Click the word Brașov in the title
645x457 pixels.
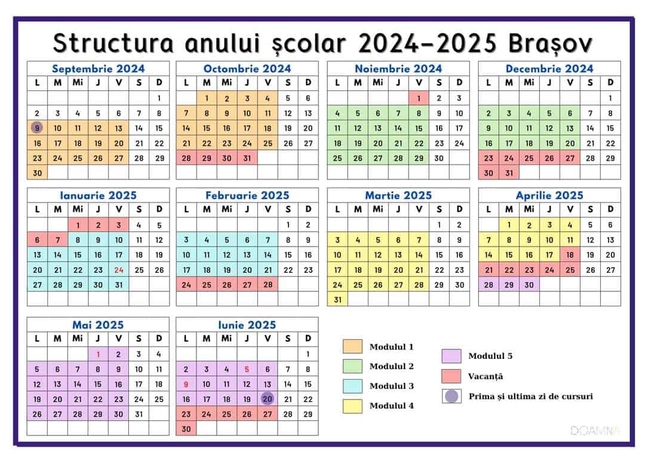pyautogui.click(x=551, y=43)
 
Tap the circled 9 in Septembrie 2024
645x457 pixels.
pyautogui.click(x=37, y=128)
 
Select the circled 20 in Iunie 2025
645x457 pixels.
pyautogui.click(x=268, y=399)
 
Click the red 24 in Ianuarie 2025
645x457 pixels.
pyautogui.click(x=118, y=270)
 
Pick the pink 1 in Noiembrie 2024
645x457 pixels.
pyautogui.click(x=419, y=98)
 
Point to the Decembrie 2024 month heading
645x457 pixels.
pyautogui.click(x=549, y=69)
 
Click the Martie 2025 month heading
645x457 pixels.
pyautogui.click(x=398, y=196)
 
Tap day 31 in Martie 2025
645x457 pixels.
pyautogui.click(x=337, y=300)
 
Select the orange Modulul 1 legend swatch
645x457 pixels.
pyautogui.click(x=352, y=346)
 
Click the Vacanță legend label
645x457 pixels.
pyautogui.click(x=486, y=376)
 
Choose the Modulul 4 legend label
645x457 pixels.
pyautogui.click(x=392, y=406)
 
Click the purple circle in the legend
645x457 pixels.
pyautogui.click(x=451, y=397)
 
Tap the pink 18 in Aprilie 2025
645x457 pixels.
pyautogui.click(x=570, y=255)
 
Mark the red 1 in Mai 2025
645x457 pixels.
pyautogui.click(x=99, y=354)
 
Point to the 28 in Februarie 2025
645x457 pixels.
pyautogui.click(x=268, y=285)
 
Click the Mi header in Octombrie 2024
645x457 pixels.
pyautogui.click(x=227, y=83)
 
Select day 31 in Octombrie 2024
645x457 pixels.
pyautogui.click(x=247, y=159)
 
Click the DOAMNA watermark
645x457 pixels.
pyautogui.click(x=595, y=431)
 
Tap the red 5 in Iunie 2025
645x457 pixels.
pyautogui.click(x=247, y=370)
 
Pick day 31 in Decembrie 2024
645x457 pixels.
pyautogui.click(x=509, y=173)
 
